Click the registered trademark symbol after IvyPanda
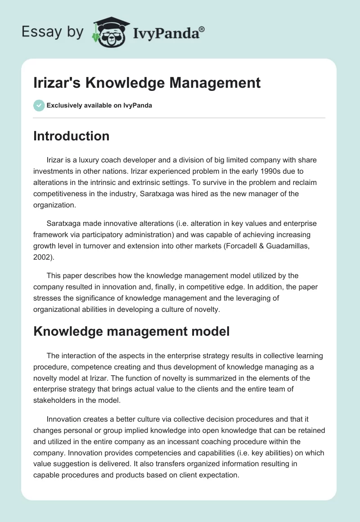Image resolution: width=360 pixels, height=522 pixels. [202, 29]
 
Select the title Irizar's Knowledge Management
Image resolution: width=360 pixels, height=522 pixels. [147, 83]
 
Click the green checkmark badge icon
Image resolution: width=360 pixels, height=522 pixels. [39, 105]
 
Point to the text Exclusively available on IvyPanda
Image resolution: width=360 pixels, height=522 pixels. [99, 106]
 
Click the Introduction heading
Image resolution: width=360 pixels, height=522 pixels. [71, 136]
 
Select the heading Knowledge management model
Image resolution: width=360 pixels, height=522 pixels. [131, 332]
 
